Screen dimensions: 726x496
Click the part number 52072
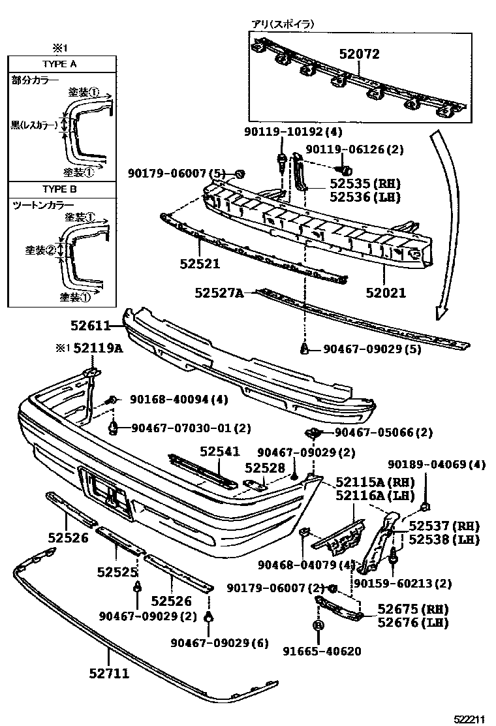tap(358, 54)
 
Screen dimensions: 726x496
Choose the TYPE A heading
tap(59, 64)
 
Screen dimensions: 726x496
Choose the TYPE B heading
tap(59, 189)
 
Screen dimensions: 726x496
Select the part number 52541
tap(220, 451)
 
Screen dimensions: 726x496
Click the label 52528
tap(265, 467)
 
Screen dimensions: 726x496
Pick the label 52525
tap(117, 572)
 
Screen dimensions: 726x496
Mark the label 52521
tap(200, 264)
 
